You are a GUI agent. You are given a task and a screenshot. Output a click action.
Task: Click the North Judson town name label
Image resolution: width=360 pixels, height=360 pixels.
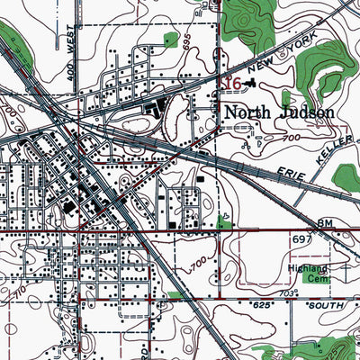[x=278, y=113]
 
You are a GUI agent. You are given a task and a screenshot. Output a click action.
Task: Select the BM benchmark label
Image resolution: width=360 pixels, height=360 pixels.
[x=323, y=222]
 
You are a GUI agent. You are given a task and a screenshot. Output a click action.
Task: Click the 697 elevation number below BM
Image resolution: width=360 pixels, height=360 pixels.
[x=300, y=238]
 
